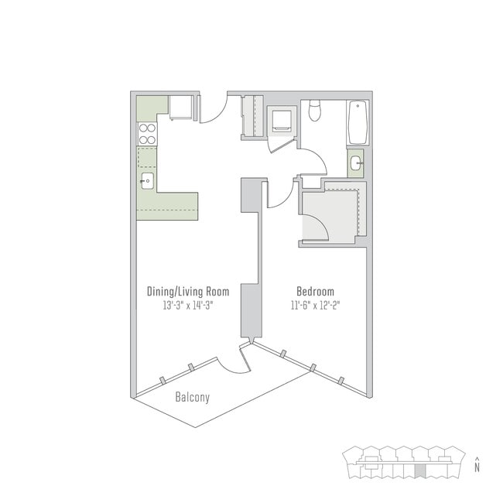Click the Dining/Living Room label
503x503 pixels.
188,292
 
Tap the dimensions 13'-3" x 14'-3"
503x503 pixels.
188,305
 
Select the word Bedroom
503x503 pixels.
315,292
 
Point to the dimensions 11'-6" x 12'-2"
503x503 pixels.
315,305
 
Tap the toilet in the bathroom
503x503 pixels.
314,111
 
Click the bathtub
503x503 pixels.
358,123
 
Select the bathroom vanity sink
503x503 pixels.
355,163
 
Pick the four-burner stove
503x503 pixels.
147,134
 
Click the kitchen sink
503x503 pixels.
147,181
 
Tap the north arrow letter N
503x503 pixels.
478,467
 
